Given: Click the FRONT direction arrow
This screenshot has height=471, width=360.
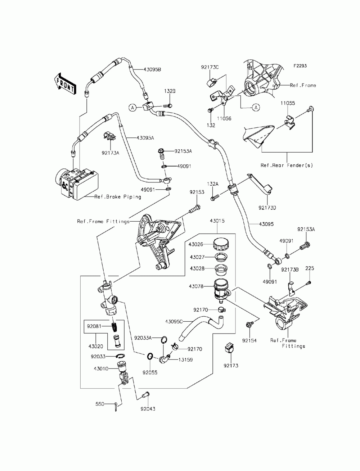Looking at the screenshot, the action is pyautogui.click(x=65, y=84).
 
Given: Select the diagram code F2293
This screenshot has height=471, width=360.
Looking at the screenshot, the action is pyautogui.click(x=300, y=66).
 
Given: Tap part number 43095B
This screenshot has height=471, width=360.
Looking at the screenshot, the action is pyautogui.click(x=152, y=69).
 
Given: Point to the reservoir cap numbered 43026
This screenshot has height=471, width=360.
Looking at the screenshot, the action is pyautogui.click(x=221, y=244).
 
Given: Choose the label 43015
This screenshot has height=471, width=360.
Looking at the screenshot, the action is pyautogui.click(x=217, y=221).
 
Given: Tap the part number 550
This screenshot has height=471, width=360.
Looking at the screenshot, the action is pyautogui.click(x=100, y=404).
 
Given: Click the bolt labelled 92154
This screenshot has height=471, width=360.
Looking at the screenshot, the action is pyautogui.click(x=249, y=325).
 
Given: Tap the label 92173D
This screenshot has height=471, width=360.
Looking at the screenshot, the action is pyautogui.click(x=267, y=208).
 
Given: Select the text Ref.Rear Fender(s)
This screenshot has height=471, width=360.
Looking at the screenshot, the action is pyautogui.click(x=287, y=165).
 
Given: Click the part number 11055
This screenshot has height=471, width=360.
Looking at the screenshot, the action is pyautogui.click(x=288, y=103).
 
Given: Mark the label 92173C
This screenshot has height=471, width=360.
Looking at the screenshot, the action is pyautogui.click(x=210, y=67).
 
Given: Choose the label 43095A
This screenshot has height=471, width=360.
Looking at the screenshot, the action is pyautogui.click(x=145, y=138).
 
